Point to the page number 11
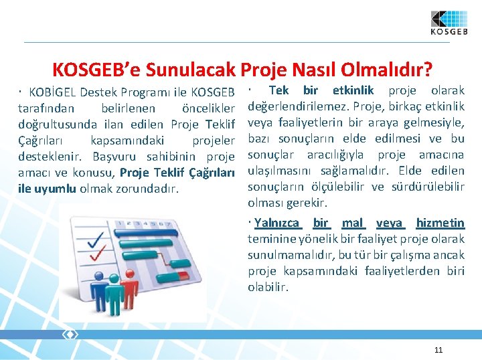point(438,350)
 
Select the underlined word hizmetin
point(440,223)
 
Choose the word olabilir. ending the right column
point(268,287)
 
